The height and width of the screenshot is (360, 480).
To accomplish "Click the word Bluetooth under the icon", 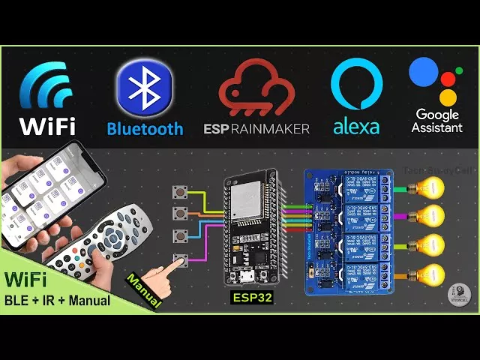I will coord(145,128).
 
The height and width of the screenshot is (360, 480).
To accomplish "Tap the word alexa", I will coord(356,127).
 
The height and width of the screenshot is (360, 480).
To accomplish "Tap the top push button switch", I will coord(181,193).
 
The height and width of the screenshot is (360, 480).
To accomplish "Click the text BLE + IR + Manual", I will coord(57,301).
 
